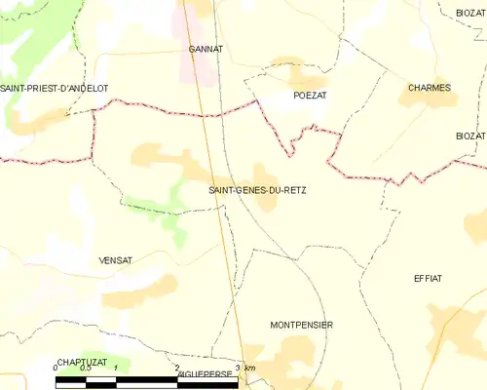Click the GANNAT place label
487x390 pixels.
(x=206, y=48)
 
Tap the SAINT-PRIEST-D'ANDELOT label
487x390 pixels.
(x=54, y=89)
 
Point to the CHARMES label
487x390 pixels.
(x=430, y=88)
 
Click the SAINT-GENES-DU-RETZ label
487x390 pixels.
(x=257, y=190)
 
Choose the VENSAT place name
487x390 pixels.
(x=115, y=260)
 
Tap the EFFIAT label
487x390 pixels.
(x=428, y=278)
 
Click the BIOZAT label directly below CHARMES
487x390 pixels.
(x=468, y=136)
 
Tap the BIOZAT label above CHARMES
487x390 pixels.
(x=469, y=13)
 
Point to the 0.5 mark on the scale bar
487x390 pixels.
(x=86, y=368)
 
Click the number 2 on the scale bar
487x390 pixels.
(x=177, y=368)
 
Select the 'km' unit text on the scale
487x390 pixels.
(x=250, y=368)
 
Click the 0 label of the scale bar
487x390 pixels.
(x=56, y=368)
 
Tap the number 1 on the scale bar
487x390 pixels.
(x=116, y=368)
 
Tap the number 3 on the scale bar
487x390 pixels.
(x=238, y=368)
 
